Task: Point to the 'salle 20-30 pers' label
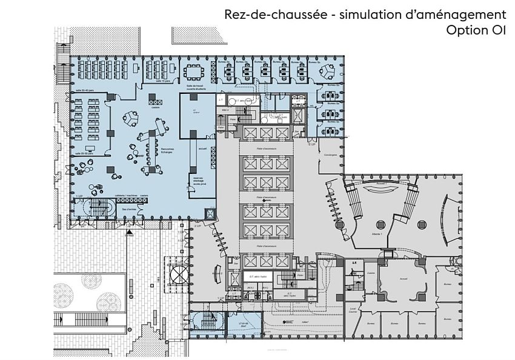tap(84, 154)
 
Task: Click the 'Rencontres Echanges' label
tap(168, 151)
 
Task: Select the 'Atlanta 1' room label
tap(375, 234)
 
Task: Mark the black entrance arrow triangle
tap(128, 232)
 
